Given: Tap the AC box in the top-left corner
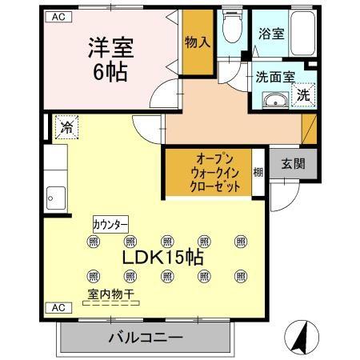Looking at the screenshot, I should tap(58, 16).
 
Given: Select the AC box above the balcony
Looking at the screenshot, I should tap(58, 307).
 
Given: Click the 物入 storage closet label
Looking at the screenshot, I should tap(197, 42).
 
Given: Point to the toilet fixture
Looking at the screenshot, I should tap(232, 29).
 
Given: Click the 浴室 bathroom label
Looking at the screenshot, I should tap(270, 34).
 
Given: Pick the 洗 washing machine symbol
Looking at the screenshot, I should tap(303, 94).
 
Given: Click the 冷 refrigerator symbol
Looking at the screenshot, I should tap(66, 126).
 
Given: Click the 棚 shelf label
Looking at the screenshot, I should tap(258, 170).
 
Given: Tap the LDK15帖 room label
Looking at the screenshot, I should tap(162, 258).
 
